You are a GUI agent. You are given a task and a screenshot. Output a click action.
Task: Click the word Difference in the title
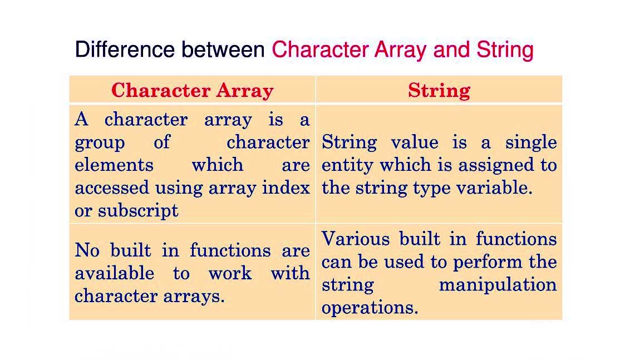[125, 50]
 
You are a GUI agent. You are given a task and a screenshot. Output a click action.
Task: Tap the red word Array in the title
[402, 50]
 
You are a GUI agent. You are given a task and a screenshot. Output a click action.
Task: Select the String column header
[439, 90]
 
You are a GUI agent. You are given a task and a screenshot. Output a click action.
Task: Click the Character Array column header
[192, 90]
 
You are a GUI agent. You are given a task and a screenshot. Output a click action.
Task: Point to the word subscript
[138, 211]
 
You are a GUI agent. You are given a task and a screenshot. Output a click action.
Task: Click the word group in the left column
[100, 143]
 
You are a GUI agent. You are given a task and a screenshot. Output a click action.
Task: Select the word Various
[355, 239]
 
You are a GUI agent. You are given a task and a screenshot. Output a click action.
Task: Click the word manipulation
[498, 285]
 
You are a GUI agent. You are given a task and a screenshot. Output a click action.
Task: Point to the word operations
[369, 308]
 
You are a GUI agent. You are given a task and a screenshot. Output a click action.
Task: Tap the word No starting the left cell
[87, 250]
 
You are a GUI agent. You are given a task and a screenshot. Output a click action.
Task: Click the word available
[114, 273]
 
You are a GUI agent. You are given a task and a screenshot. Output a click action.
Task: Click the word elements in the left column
[114, 165]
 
